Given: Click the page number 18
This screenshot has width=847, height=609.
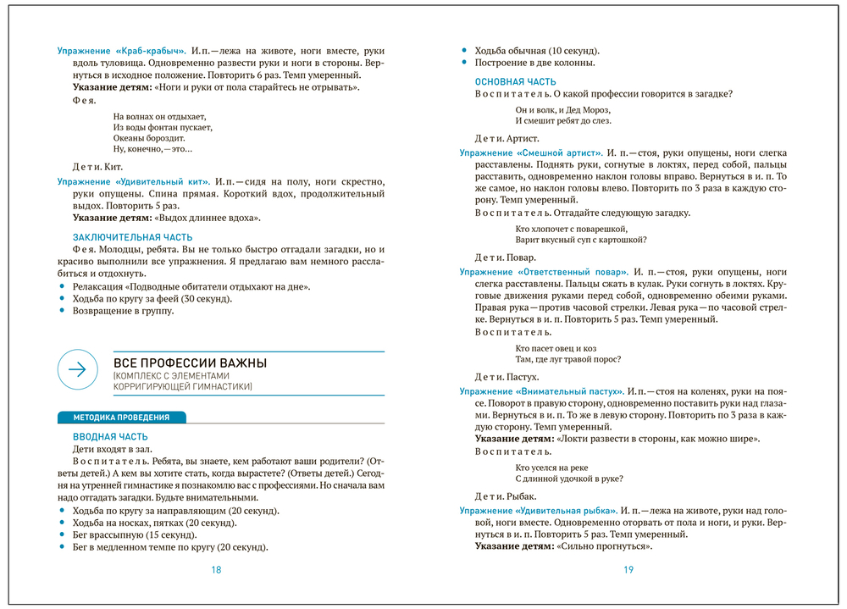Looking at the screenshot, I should coord(216,570).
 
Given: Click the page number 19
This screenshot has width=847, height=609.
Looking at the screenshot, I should coord(628,570).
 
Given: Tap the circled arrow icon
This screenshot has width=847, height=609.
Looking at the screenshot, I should coord(76,369).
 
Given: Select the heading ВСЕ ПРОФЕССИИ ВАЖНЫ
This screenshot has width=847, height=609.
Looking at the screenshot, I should coord(190,363).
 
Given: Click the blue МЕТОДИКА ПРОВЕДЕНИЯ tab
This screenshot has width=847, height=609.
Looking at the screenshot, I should coord(120,418).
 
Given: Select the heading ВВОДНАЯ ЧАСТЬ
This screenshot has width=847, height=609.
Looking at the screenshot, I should coord(110,436).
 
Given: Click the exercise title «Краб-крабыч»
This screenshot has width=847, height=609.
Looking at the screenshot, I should coord(121,51).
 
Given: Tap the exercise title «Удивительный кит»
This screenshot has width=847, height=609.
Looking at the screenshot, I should coord(134,181).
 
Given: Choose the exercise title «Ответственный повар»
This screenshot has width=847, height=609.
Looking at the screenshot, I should coord(543,272).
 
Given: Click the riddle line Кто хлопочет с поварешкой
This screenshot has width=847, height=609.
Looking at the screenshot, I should coord(571,229).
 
